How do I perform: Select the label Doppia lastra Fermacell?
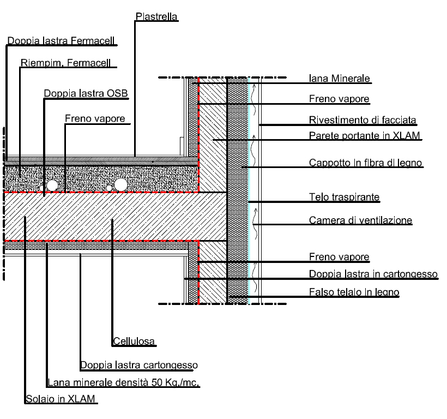click(63, 41)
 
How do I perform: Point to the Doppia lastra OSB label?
click(86, 93)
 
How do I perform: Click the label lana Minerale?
click(340, 79)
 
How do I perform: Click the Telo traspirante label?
click(336, 196)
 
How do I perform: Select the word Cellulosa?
click(134, 342)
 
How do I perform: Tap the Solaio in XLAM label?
click(61, 400)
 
